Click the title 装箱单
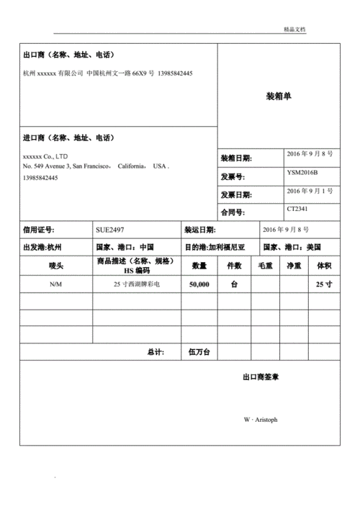pyautogui.click(x=278, y=96)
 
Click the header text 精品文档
pyautogui.click(x=295, y=29)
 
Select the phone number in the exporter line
pyautogui.click(x=174, y=73)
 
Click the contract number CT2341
pyautogui.click(x=297, y=209)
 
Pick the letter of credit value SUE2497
pyautogui.click(x=109, y=230)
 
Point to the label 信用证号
pyautogui.click(x=39, y=230)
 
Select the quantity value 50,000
pyautogui.click(x=199, y=284)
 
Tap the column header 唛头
pyautogui.click(x=56, y=266)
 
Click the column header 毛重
pyautogui.click(x=265, y=266)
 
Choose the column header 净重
pyautogui.click(x=294, y=266)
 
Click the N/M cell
pyautogui.click(x=55, y=284)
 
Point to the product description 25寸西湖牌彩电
pyautogui.click(x=136, y=284)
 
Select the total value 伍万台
pyautogui.click(x=199, y=352)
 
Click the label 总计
pyautogui.click(x=155, y=352)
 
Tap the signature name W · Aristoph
pyautogui.click(x=260, y=420)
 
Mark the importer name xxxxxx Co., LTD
pyautogui.click(x=45, y=156)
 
